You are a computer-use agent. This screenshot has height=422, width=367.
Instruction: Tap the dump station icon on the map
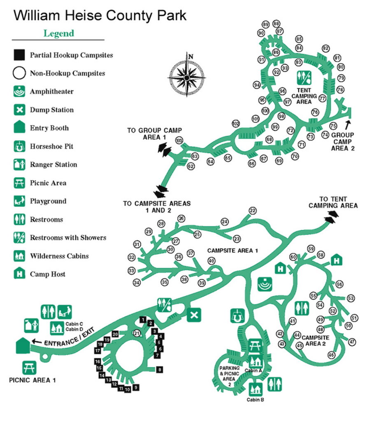[194, 314]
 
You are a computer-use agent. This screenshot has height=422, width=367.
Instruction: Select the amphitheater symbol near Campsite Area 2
[265, 284]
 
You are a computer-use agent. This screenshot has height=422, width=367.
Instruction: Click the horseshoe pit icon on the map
[237, 316]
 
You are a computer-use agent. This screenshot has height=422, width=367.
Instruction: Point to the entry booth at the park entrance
[23, 346]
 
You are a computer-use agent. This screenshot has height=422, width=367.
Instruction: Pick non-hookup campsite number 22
[253, 211]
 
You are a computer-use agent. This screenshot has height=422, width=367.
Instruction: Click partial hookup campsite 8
[160, 370]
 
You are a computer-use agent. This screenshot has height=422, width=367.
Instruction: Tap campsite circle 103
[179, 140]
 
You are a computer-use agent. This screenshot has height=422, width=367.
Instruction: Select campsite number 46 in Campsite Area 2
[332, 355]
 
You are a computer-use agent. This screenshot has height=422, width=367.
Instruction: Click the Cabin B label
[255, 400]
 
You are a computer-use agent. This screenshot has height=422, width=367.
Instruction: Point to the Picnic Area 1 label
[32, 380]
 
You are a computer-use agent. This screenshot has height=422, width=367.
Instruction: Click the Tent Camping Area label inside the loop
[304, 96]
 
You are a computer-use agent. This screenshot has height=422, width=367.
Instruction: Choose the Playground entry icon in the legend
[19, 201]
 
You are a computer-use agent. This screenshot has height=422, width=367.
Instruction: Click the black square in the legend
[19, 55]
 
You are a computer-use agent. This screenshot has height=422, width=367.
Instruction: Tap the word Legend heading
[59, 33]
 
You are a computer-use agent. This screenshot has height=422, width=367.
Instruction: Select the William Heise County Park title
[100, 15]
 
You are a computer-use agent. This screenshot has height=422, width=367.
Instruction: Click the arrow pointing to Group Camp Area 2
[348, 124]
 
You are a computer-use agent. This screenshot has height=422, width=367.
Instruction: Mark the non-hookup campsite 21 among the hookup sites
[137, 333]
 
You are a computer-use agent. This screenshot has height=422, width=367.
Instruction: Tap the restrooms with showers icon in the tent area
[304, 78]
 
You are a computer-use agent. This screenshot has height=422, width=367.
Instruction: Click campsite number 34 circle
[137, 283]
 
